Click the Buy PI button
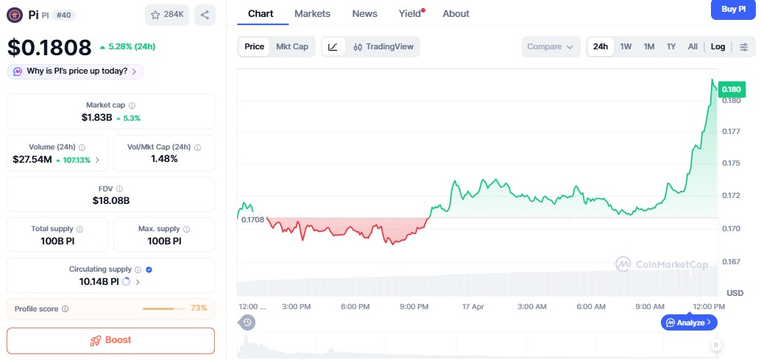pyautogui.click(x=733, y=9)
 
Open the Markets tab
pyautogui.click(x=312, y=13)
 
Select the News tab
pyautogui.click(x=364, y=13)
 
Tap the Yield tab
pyautogui.click(x=410, y=13)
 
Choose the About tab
pyautogui.click(x=456, y=13)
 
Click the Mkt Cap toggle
pyautogui.click(x=292, y=46)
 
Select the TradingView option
pyautogui.click(x=383, y=46)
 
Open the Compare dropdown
pyautogui.click(x=549, y=46)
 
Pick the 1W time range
pyautogui.click(x=626, y=46)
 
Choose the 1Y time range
pyautogui.click(x=670, y=46)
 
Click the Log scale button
pyautogui.click(x=718, y=46)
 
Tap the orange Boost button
pyautogui.click(x=110, y=340)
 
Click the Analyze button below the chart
pyautogui.click(x=689, y=322)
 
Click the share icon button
pyautogui.click(x=205, y=14)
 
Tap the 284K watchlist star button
pyautogui.click(x=167, y=14)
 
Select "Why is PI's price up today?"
pyautogui.click(x=76, y=71)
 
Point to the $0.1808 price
pyautogui.click(x=49, y=47)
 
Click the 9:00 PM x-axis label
pyautogui.click(x=414, y=306)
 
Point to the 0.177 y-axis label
pyautogui.click(x=731, y=132)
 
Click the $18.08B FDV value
pyautogui.click(x=110, y=200)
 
